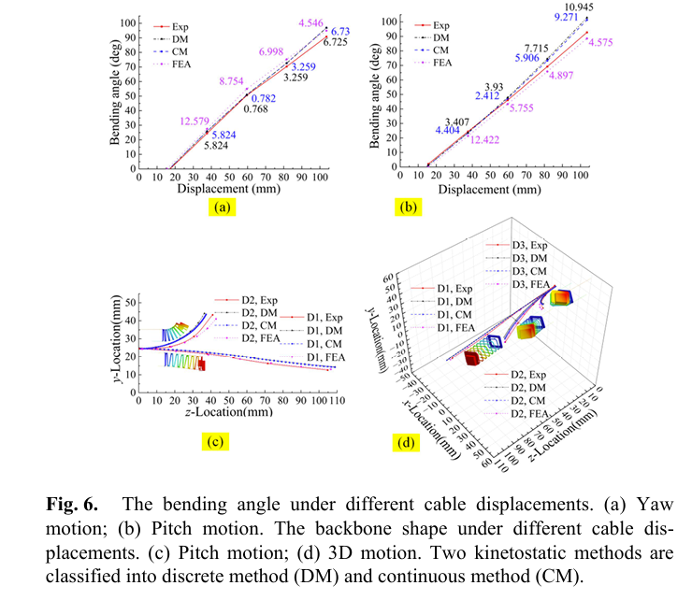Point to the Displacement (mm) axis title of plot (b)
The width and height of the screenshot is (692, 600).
pos(500,188)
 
